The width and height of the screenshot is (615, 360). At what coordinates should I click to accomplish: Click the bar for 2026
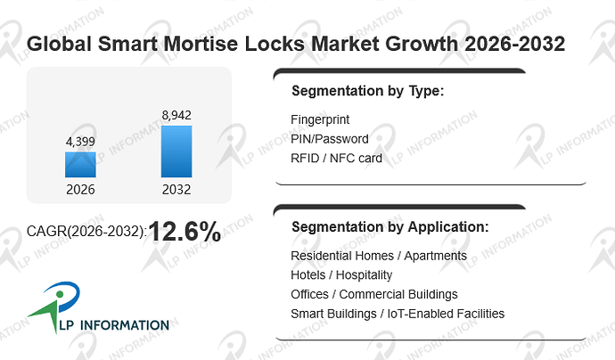(x=80, y=165)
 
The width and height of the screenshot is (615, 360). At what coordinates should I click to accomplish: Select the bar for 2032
(x=176, y=151)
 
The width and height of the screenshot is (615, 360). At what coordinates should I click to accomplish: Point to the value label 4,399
(x=80, y=142)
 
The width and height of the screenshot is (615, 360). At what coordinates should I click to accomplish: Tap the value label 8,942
(x=176, y=115)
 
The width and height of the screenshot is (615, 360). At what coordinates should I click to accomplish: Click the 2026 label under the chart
(x=80, y=190)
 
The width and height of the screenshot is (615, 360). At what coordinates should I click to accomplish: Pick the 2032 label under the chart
(x=176, y=190)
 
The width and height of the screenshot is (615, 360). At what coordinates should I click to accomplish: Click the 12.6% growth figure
(x=184, y=231)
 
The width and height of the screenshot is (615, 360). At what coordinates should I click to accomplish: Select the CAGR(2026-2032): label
(x=86, y=232)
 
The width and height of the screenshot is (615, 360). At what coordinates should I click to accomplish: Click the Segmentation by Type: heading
(x=367, y=91)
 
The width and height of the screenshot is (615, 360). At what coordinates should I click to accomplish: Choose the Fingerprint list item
(x=320, y=119)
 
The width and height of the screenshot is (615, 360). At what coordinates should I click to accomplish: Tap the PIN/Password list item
(x=330, y=139)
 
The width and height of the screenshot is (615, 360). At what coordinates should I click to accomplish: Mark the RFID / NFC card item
(x=336, y=158)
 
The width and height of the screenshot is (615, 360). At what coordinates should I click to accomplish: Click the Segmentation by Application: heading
(x=390, y=227)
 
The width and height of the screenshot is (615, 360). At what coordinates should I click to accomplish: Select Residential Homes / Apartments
(x=379, y=256)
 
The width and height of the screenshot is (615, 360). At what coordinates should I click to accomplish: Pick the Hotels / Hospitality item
(x=341, y=275)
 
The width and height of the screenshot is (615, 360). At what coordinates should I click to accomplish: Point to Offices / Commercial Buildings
(x=374, y=294)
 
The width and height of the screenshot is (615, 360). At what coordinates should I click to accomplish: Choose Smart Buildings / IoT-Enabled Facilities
(x=398, y=314)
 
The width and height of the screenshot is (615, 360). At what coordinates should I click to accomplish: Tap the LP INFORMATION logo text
(x=114, y=325)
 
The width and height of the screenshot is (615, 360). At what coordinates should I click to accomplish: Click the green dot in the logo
(x=60, y=294)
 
